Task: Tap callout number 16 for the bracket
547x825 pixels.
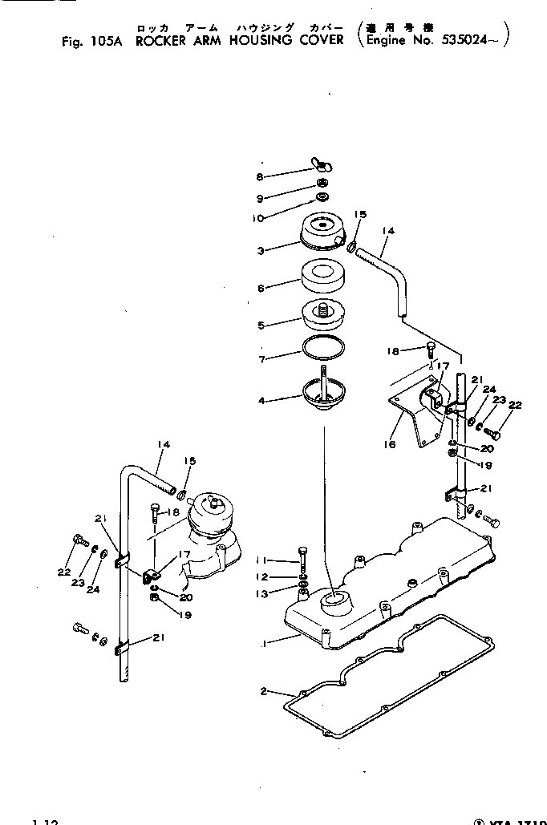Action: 390,443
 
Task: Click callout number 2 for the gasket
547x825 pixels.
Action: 265,691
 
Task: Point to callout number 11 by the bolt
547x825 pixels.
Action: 261,560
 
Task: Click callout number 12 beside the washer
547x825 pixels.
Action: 261,576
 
